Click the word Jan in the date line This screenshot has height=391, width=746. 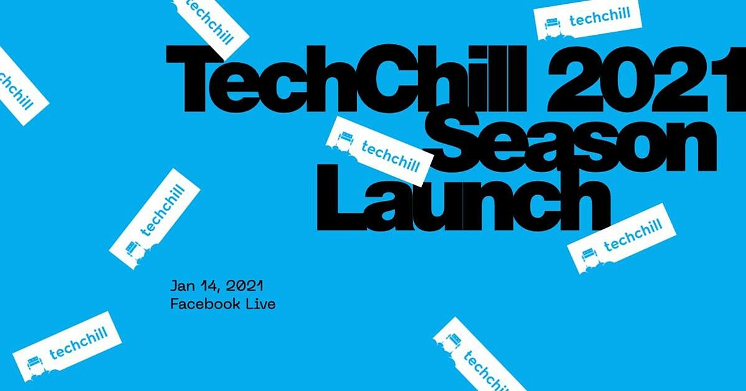point(183,286)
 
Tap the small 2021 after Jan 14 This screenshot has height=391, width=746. point(244,286)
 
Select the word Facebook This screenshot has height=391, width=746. point(205,304)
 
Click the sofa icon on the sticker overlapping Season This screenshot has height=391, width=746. point(344,139)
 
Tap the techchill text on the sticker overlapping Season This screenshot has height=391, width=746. point(390,156)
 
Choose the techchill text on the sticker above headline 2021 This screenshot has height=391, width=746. point(600,17)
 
